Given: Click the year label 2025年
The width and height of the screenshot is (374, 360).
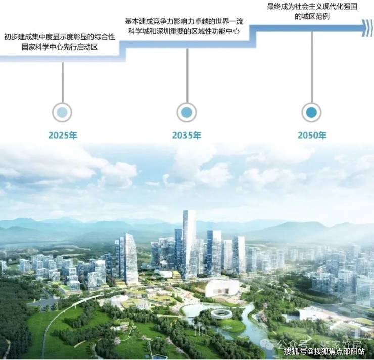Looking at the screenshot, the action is pyautogui.click(x=63, y=136).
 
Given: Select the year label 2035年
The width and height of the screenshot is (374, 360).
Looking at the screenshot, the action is pyautogui.click(x=187, y=136).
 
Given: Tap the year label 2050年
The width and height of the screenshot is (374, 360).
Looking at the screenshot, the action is pyautogui.click(x=312, y=136).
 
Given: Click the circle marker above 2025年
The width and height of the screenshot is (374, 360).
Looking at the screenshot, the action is pyautogui.click(x=62, y=112).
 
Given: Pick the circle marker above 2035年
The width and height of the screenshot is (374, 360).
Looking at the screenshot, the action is pyautogui.click(x=187, y=112).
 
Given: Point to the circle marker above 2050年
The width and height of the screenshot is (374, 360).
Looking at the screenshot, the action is pyautogui.click(x=311, y=112).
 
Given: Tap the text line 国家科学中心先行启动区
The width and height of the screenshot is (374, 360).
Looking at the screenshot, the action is pyautogui.click(x=60, y=47).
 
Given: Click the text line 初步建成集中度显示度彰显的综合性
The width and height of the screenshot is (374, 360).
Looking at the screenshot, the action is pyautogui.click(x=60, y=37).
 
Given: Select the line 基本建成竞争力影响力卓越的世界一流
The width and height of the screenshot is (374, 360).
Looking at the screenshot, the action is pyautogui.click(x=184, y=21).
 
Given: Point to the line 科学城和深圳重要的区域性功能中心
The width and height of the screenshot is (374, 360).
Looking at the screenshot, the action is pyautogui.click(x=184, y=31).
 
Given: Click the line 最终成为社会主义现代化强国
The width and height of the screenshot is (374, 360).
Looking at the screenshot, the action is pyautogui.click(x=312, y=7).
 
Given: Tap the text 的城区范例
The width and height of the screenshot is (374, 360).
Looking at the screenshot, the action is pyautogui.click(x=312, y=16).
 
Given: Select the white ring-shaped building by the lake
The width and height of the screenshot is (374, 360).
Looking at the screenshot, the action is pyautogui.click(x=221, y=314).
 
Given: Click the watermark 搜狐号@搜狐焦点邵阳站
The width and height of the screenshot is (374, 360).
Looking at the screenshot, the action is pyautogui.click(x=324, y=351).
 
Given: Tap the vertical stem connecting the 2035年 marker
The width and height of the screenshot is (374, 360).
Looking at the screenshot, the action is pyautogui.click(x=187, y=75).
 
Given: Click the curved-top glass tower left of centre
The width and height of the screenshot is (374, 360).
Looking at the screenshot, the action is pyautogui.click(x=129, y=258).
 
